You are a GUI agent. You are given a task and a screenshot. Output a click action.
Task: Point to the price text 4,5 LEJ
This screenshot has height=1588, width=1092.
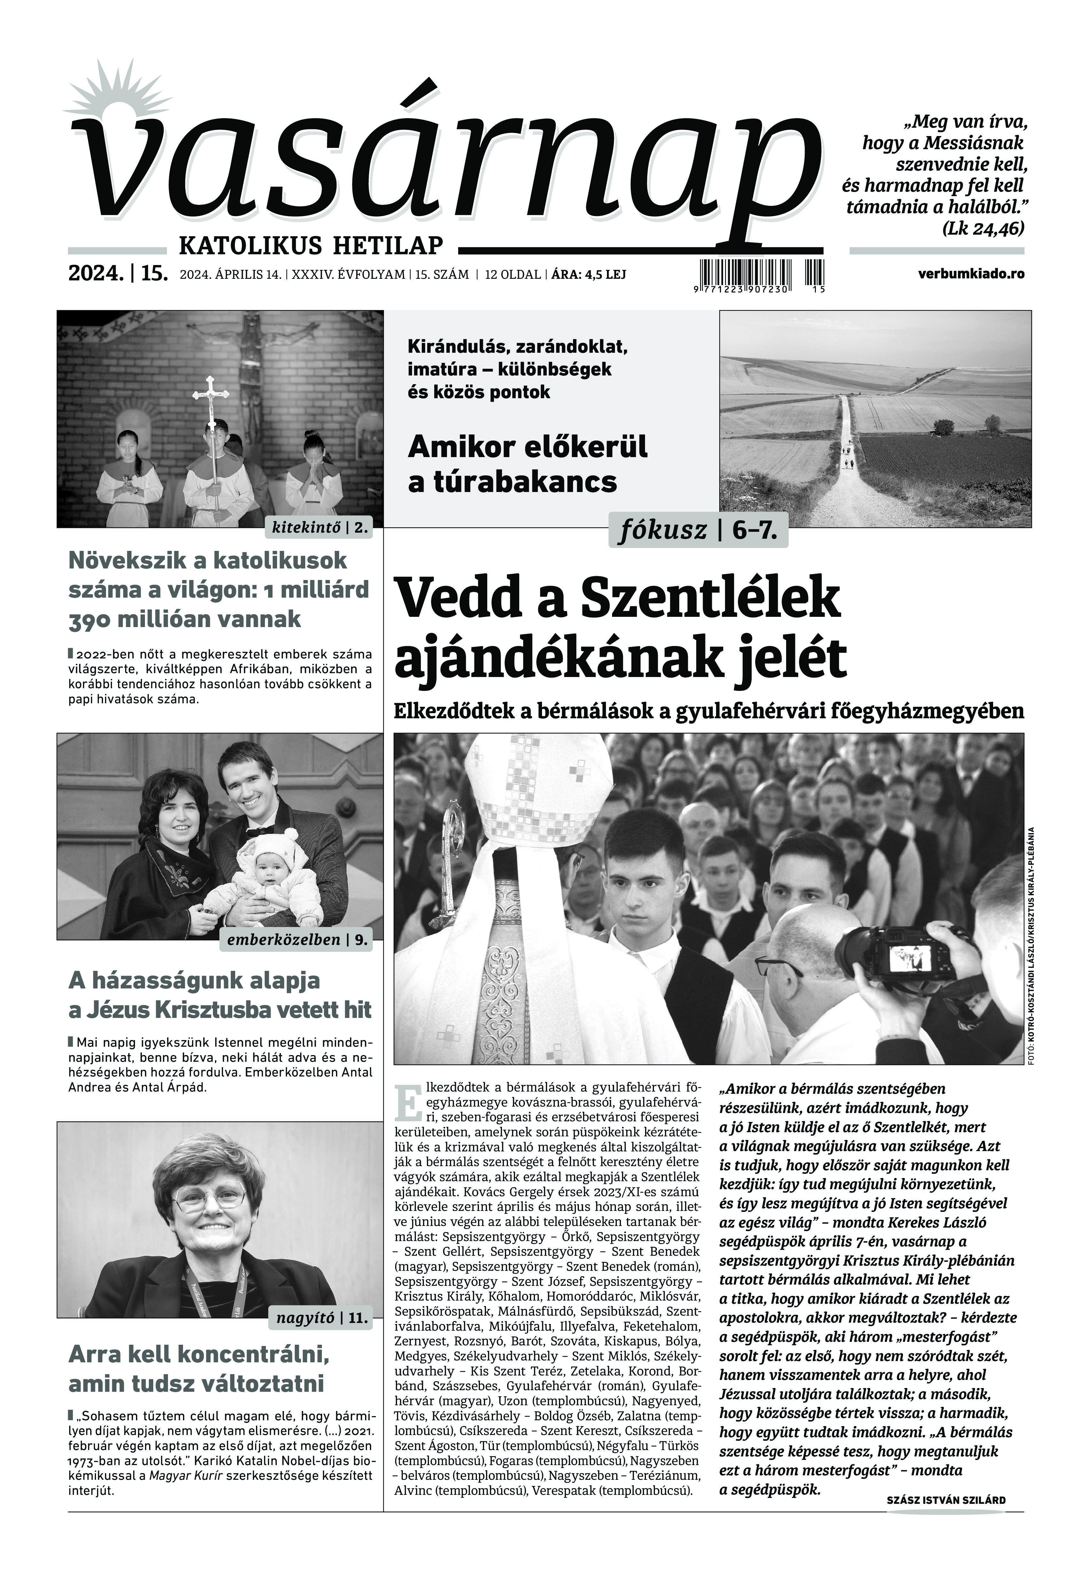tap(601, 274)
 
